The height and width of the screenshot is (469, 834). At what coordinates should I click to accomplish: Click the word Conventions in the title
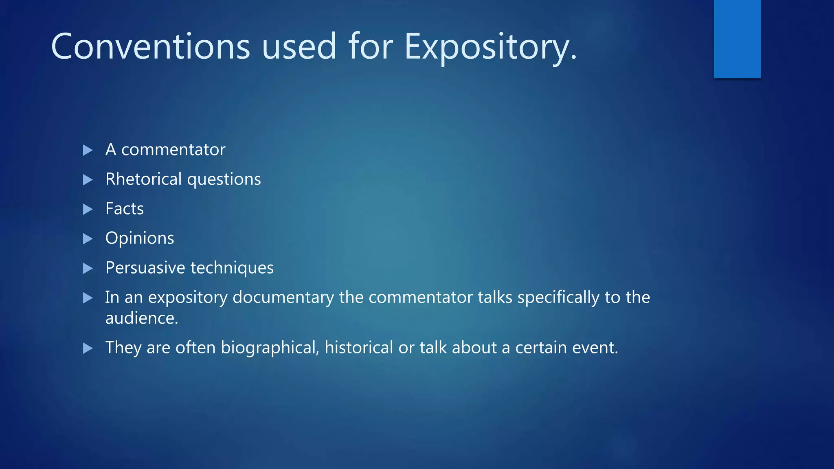point(150,47)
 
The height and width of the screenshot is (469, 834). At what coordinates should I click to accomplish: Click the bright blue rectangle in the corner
point(737,39)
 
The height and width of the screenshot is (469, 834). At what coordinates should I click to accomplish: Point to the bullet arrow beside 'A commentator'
point(88,150)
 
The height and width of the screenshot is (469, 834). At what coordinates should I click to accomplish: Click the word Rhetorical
point(143,179)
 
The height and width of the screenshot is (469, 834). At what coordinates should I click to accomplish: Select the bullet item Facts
point(124,209)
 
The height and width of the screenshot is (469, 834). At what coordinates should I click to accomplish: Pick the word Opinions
point(140,239)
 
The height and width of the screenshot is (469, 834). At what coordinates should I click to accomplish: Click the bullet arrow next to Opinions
point(88,239)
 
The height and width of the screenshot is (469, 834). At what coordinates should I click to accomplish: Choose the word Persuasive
point(145,268)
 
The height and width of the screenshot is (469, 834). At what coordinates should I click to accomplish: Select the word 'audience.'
point(142,318)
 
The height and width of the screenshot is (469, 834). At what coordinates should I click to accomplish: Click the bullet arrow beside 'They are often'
point(88,348)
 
